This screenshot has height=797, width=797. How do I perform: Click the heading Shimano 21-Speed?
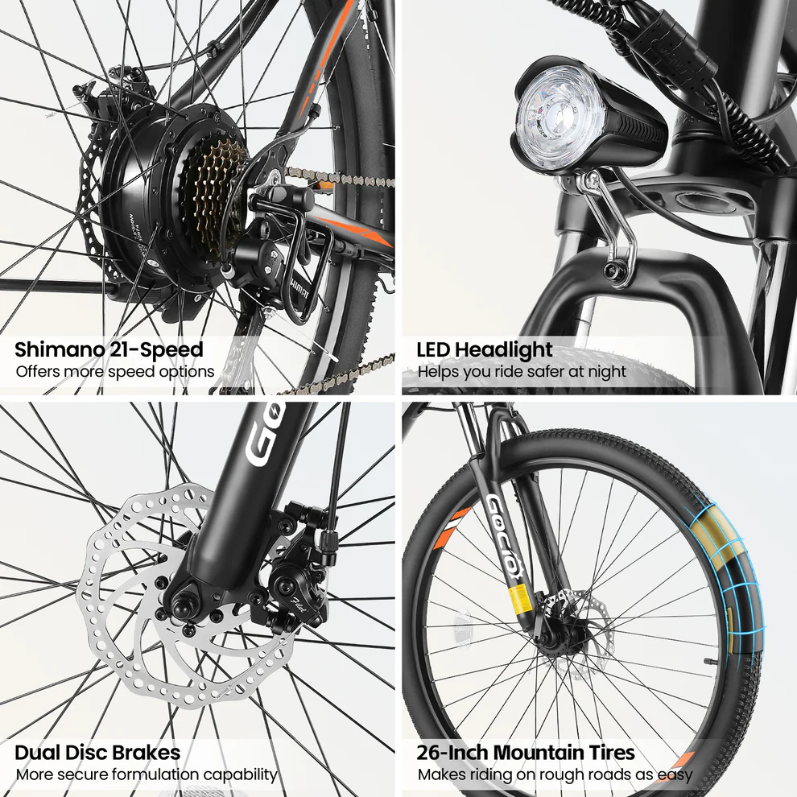point(109,350)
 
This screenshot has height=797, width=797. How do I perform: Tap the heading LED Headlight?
point(485,350)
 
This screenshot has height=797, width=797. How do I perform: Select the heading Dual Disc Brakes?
point(97,754)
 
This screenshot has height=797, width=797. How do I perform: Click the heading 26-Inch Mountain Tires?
point(526,754)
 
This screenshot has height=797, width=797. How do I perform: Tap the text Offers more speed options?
point(115,372)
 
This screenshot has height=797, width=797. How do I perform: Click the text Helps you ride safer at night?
point(522,372)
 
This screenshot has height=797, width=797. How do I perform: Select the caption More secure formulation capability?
point(147,775)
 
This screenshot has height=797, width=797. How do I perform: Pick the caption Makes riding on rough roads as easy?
point(555,775)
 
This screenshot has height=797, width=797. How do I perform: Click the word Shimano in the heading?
point(53,350)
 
